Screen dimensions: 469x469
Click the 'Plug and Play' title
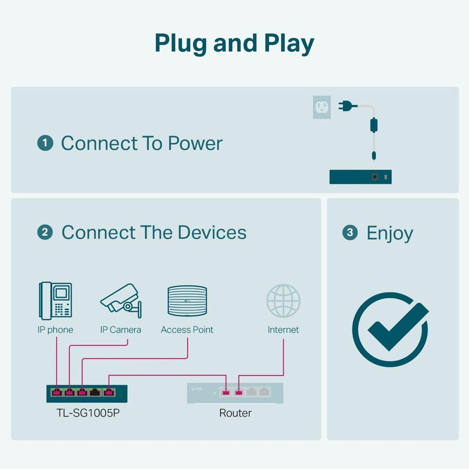coord(234,43)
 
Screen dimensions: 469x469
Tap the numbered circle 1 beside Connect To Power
coord(45,143)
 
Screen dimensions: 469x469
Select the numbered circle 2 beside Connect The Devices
coord(45,232)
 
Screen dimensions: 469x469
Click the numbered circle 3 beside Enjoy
coord(350,233)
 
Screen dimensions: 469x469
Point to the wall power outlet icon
coord(322,108)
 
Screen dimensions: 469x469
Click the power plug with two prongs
coord(347,107)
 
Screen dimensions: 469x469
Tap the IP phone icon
coord(55,301)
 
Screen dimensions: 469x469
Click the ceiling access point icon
coord(187,301)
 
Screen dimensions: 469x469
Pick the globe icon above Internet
coord(283,301)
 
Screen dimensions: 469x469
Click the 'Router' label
coord(235,413)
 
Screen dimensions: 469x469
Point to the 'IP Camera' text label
coord(120,330)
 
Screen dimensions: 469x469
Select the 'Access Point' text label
coord(187,330)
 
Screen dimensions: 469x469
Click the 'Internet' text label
coord(283,330)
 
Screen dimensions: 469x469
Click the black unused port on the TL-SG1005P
coord(95,392)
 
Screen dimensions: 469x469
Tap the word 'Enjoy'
coord(389,234)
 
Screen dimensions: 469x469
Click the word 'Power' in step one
coord(195,143)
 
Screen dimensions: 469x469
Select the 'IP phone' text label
coord(55,330)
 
